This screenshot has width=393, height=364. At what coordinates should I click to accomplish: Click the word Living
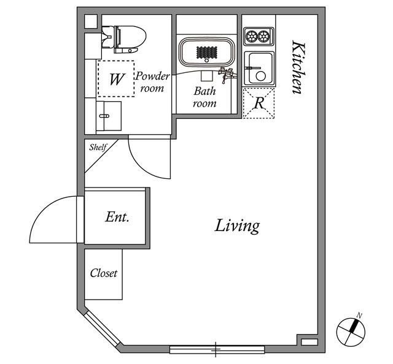point(237,226)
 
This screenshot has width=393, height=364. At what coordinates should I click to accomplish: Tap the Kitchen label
point(299,67)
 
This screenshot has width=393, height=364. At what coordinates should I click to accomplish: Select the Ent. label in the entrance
point(117,217)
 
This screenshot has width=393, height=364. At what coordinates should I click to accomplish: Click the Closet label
point(104,273)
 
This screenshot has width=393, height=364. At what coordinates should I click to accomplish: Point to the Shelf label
point(98,147)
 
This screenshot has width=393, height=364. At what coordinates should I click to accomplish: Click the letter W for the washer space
point(117,79)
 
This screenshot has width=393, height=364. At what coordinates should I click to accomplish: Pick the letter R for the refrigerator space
point(259,103)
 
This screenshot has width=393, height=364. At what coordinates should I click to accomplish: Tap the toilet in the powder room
point(124,39)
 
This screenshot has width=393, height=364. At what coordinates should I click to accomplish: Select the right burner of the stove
point(263,36)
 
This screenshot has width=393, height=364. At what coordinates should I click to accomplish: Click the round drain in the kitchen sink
point(260,76)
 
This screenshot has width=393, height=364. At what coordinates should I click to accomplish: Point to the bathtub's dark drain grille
point(207,53)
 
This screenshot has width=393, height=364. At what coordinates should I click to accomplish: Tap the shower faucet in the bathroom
point(227,74)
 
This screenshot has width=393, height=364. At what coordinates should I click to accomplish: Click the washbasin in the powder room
point(109,116)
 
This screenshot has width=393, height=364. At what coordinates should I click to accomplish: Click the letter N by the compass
point(359,316)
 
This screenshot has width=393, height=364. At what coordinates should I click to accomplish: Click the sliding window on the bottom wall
point(217,349)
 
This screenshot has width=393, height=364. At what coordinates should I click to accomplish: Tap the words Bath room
point(204,97)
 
